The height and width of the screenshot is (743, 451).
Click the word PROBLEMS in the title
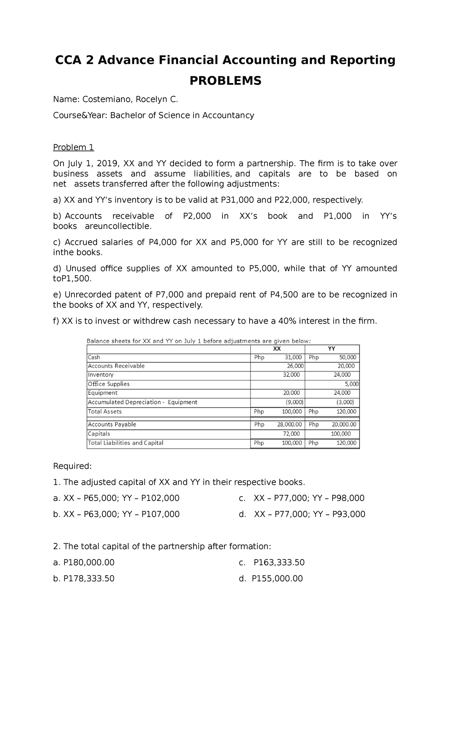pos(225,80)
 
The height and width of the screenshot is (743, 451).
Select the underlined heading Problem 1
pos(73,147)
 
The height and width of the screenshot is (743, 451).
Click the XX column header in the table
pos(277,349)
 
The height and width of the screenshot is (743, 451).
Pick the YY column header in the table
pos(331,349)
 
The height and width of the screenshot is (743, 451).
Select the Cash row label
pos(94,357)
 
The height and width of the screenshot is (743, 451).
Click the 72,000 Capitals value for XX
pos(291,434)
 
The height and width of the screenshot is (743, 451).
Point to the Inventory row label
pos(100,375)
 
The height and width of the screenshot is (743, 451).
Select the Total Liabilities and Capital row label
pos(126,443)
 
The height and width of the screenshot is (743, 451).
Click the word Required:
pos(72,466)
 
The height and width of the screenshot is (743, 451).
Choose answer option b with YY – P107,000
pos(117,514)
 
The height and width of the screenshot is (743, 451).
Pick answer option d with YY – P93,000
pos(302,514)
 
